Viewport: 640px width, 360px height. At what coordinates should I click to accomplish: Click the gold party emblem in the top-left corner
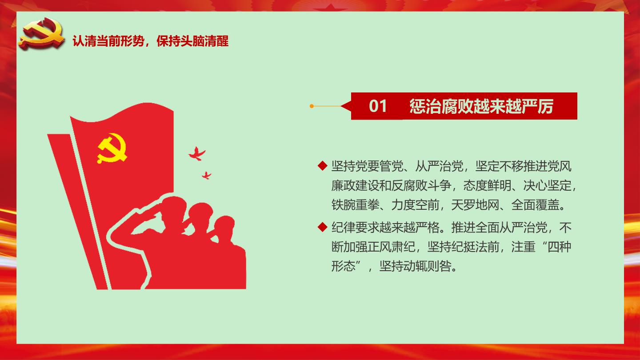pos(41,34)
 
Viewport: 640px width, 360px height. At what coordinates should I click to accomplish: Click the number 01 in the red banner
pos(378,106)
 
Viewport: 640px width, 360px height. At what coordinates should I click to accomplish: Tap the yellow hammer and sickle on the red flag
pos(112,148)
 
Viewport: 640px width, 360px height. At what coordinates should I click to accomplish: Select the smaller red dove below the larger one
pos(207,175)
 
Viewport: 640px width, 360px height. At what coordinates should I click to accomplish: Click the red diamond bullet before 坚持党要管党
pos(322,166)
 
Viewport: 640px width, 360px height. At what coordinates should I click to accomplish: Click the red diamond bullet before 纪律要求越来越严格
pos(322,227)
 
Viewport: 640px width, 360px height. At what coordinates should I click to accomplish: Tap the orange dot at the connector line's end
pos(312,106)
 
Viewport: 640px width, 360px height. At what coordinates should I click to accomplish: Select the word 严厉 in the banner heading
pos(538,106)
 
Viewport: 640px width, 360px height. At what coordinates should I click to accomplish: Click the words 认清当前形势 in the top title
pos(108,41)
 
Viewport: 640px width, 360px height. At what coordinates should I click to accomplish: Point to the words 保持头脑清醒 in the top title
pos(192,41)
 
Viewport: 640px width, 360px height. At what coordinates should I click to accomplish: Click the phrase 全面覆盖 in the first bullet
pos(535,204)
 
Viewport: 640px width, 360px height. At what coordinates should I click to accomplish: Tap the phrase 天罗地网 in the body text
pos(475,204)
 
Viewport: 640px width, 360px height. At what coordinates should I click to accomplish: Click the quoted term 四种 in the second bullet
pos(559,247)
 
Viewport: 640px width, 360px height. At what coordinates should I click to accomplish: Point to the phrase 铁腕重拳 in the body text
pos(356,204)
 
